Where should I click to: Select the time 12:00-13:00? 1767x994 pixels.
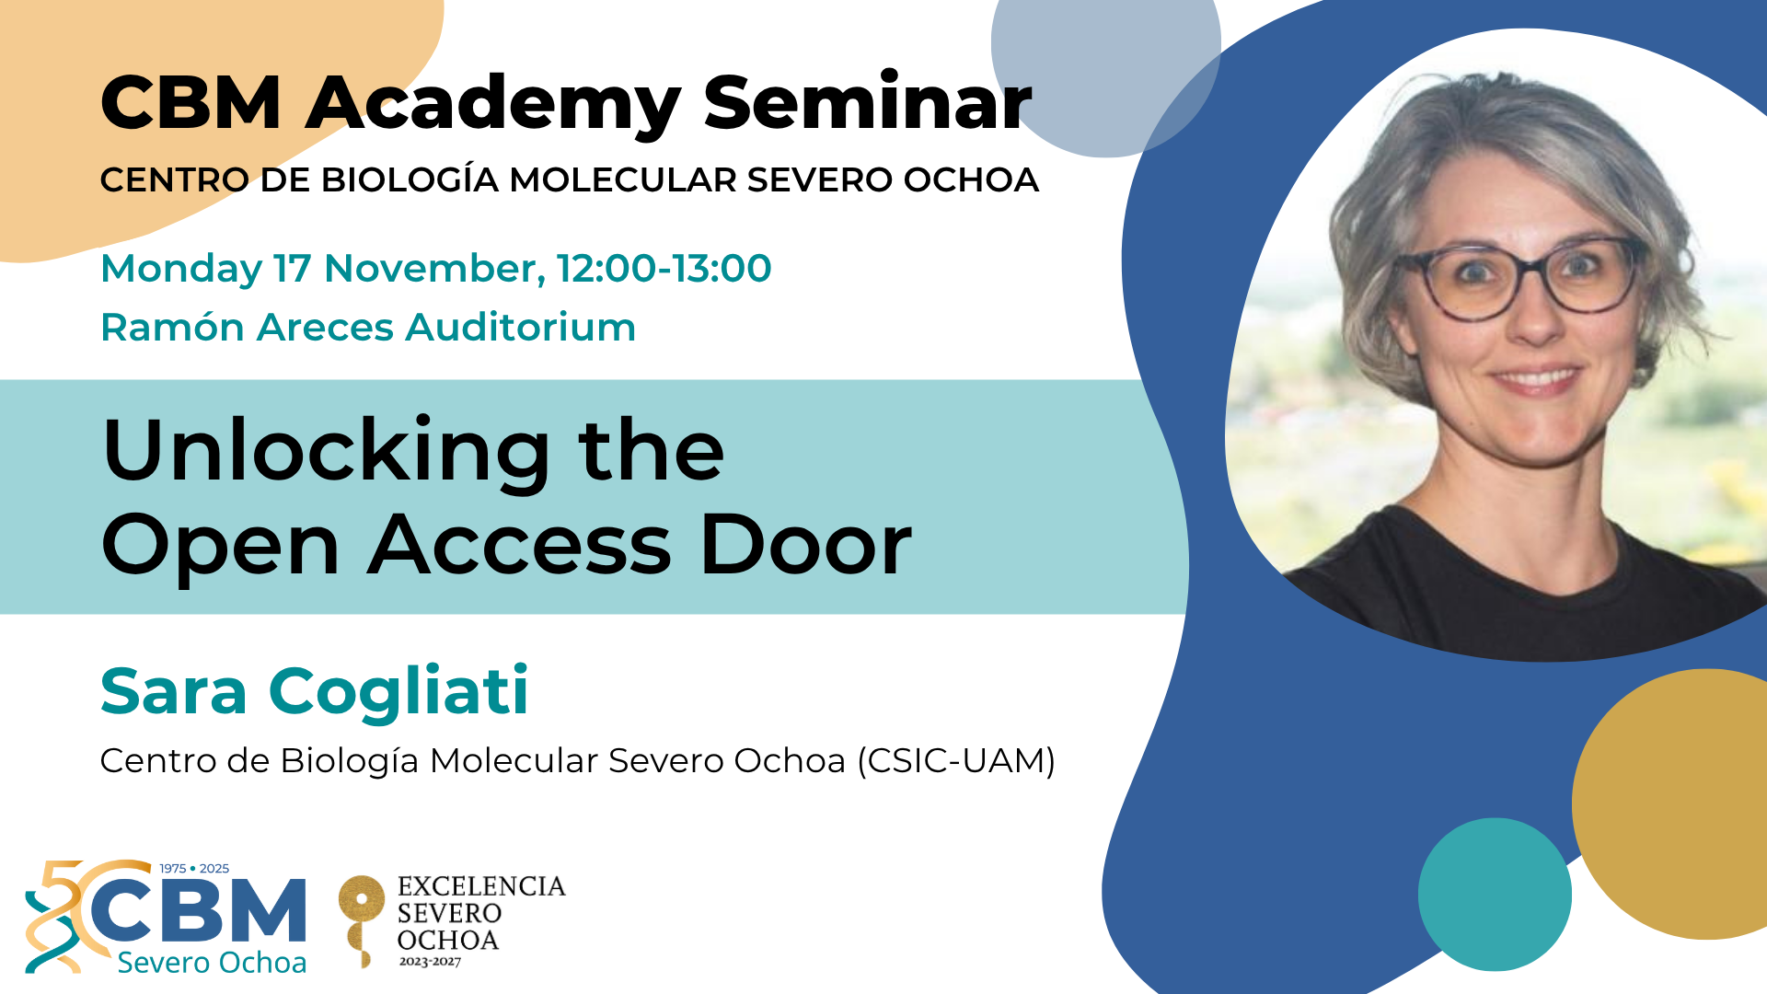pyautogui.click(x=664, y=268)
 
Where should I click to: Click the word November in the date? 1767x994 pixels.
pyautogui.click(x=434, y=269)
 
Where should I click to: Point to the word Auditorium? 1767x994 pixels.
pyautogui.click(x=521, y=327)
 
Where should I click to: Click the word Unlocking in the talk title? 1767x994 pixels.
pyautogui.click(x=327, y=450)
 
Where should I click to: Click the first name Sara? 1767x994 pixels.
pyautogui.click(x=174, y=691)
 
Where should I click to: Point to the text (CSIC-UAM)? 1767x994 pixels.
pyautogui.click(x=956, y=761)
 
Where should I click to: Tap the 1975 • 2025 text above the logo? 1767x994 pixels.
pyautogui.click(x=194, y=868)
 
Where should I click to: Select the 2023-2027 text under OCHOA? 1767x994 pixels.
pyautogui.click(x=430, y=962)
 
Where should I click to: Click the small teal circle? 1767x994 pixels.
pyautogui.click(x=1495, y=895)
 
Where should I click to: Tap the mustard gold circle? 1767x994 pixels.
pyautogui.click(x=1669, y=804)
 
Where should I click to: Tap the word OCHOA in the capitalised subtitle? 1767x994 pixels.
pyautogui.click(x=971, y=179)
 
